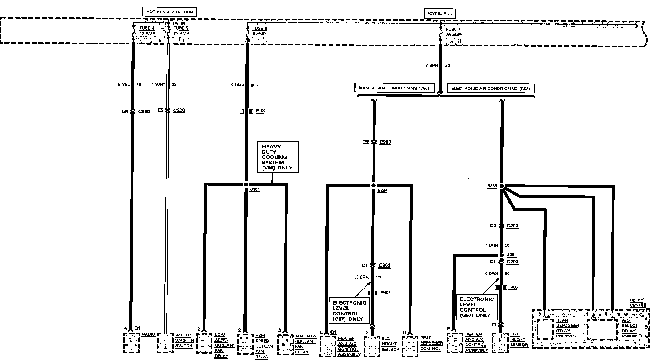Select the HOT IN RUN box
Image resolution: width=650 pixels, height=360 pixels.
point(440,14)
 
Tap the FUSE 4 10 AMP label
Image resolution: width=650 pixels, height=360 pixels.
point(147,30)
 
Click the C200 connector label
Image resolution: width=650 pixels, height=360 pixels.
point(144,111)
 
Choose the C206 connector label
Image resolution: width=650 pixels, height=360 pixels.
point(179,110)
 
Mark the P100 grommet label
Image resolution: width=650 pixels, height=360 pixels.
point(260,111)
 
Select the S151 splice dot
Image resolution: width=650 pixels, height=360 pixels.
point(246,184)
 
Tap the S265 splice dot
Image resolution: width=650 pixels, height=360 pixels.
point(502,186)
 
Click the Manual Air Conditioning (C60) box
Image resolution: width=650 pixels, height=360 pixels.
point(394,88)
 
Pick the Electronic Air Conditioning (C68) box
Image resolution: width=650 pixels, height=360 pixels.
point(490,89)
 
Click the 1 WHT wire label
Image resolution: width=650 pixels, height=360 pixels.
point(158,85)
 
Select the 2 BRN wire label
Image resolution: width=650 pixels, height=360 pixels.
point(432,66)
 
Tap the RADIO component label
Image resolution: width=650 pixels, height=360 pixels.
point(149,334)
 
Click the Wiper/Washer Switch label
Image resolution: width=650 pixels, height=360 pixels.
point(184,340)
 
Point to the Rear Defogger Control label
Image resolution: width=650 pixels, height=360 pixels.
point(431,343)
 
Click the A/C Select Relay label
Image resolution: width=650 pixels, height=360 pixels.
point(629,328)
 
